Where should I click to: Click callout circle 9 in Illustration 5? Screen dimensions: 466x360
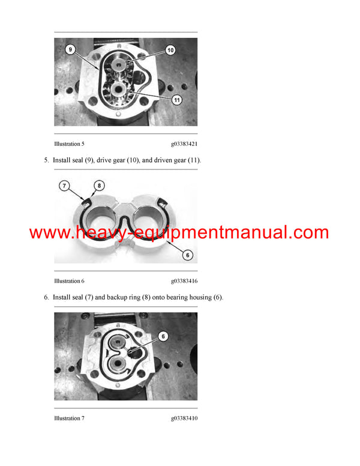[x=71, y=50]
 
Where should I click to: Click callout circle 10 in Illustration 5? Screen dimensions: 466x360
[x=170, y=50]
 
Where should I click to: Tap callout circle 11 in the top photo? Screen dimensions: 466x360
[x=176, y=100]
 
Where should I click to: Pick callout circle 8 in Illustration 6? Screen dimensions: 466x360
[x=98, y=186]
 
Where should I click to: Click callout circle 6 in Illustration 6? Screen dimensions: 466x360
[x=187, y=255]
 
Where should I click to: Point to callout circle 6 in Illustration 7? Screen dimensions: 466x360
[x=163, y=337]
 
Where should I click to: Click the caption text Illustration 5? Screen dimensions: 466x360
[x=69, y=144]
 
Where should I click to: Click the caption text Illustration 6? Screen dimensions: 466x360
[x=69, y=281]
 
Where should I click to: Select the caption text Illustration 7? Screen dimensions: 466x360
[x=69, y=418]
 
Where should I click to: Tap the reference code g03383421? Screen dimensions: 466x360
[x=184, y=144]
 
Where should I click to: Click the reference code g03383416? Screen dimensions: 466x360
[x=184, y=281]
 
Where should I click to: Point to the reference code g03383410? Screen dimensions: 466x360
[x=184, y=418]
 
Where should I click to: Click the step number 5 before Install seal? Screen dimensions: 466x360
[x=46, y=161]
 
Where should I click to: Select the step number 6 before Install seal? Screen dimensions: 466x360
[x=46, y=298]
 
